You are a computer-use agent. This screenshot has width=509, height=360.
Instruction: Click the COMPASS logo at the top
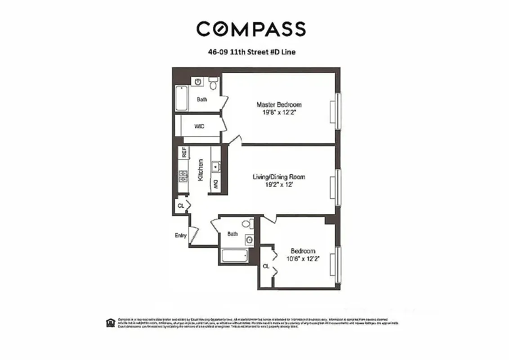[x=251, y=29]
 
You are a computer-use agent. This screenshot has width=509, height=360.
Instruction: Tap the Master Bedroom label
[x=279, y=104]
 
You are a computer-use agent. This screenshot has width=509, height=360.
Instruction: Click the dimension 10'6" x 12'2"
[x=303, y=259]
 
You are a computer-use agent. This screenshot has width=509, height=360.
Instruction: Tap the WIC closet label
[x=199, y=126]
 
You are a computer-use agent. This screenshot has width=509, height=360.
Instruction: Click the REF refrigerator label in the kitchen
[x=184, y=152]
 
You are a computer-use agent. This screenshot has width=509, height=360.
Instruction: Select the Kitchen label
[x=201, y=170]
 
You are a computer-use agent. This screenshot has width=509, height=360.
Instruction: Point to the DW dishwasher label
[x=216, y=184]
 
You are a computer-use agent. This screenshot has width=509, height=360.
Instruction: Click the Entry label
[x=181, y=235]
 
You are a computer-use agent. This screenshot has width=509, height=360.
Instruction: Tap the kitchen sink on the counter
[x=216, y=166]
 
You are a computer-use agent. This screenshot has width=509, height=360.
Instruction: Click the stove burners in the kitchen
[x=183, y=176]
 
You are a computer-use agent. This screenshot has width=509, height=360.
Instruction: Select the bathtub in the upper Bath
[x=181, y=98]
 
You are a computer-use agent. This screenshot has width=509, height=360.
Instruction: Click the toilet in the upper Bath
[x=214, y=84]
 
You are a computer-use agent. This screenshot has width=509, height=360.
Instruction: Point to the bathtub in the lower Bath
[x=234, y=256]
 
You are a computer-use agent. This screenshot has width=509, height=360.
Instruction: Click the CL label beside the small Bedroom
[x=266, y=266]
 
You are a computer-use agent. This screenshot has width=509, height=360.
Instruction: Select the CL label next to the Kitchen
[x=181, y=206]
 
